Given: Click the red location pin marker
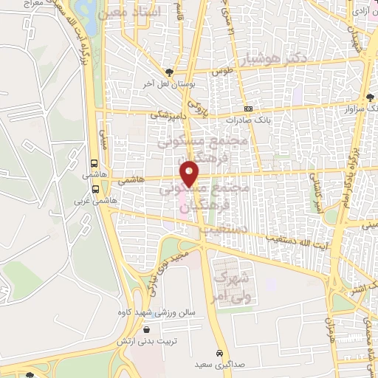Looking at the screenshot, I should coord(190,173).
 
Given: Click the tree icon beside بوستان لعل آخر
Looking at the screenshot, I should coord(170,72).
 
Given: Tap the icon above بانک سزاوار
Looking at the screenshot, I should coord(369,97).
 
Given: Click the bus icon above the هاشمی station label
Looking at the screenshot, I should coord(94,164).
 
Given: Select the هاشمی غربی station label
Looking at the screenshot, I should coord(89,199).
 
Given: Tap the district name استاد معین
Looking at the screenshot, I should coord(148,13).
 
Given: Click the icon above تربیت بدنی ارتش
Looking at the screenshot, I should coord(148,330).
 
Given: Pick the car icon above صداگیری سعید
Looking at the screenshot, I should coord(219,352).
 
